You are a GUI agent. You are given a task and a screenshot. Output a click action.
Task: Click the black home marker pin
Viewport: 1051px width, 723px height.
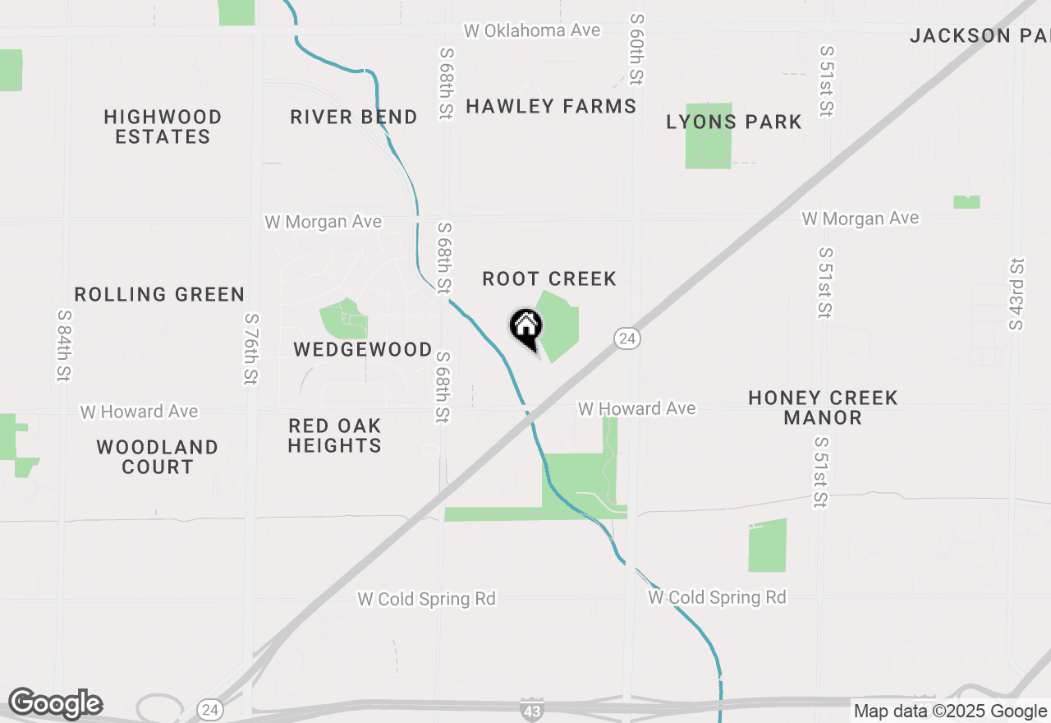click(x=526, y=328)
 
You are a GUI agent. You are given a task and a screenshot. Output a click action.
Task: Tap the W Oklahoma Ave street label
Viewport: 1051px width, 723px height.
click(x=532, y=31)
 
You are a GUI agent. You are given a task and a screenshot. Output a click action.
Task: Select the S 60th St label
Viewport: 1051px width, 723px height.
click(x=636, y=49)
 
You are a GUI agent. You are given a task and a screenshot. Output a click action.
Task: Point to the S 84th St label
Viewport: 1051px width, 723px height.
click(x=63, y=345)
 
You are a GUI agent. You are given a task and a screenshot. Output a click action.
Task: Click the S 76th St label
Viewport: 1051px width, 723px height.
click(x=251, y=348)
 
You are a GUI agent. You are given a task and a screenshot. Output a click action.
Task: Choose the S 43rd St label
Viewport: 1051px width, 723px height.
click(x=1017, y=294)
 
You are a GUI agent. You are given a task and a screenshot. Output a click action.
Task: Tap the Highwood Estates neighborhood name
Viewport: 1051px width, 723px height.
click(x=163, y=127)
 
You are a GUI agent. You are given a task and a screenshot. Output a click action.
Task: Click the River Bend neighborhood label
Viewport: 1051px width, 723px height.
click(x=354, y=117)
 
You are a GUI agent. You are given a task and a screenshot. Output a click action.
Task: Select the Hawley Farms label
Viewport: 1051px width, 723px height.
click(x=551, y=107)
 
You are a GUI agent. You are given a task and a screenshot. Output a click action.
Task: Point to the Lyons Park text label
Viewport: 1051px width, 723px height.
click(x=734, y=122)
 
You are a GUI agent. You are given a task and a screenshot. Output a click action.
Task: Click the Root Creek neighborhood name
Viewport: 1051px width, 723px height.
click(x=549, y=279)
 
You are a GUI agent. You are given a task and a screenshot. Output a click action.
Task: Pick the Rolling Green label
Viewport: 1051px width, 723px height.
click(x=159, y=294)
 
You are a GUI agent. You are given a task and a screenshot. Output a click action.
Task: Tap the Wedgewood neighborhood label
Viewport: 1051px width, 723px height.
click(x=363, y=350)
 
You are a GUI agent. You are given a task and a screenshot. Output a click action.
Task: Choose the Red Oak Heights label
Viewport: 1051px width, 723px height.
click(x=335, y=435)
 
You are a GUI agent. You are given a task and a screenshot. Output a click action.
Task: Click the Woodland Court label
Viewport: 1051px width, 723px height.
click(x=157, y=457)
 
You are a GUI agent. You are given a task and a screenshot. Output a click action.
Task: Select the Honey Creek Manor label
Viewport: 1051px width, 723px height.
click(x=823, y=408)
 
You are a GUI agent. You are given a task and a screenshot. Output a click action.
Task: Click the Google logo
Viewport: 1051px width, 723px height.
click(x=55, y=704)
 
